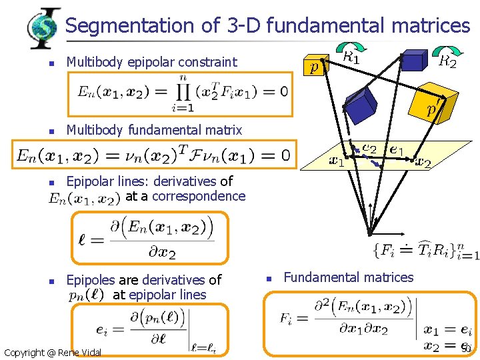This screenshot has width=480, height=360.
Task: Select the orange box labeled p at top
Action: pos(313,66)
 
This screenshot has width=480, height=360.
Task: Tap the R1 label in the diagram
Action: pos(351,57)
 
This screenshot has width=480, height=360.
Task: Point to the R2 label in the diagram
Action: pos(447,62)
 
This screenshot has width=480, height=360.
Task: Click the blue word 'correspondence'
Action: pos(199,196)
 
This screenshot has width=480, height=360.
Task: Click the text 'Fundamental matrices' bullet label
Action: pos(349,277)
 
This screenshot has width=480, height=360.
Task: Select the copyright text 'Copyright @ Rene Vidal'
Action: pos(53,352)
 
